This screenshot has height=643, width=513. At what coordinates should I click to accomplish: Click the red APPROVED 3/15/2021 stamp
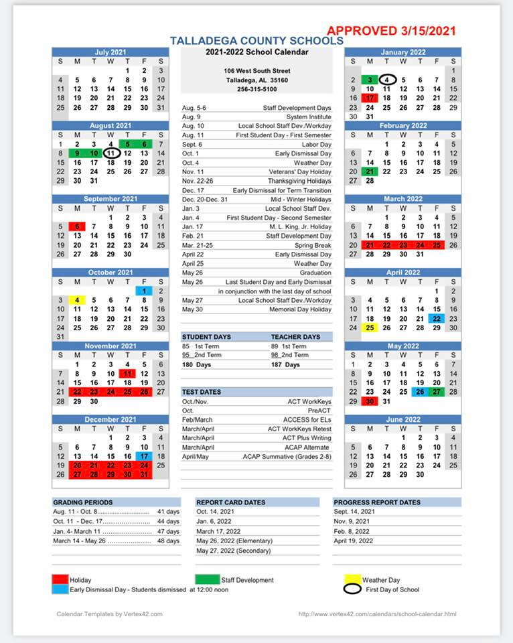point(391,30)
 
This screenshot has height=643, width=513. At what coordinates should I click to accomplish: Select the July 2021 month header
point(111,52)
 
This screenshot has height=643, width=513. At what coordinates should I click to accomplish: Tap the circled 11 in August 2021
point(111,153)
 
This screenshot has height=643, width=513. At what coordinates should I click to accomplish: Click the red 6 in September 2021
point(78,226)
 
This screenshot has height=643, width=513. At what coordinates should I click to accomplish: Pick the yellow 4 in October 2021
point(78,300)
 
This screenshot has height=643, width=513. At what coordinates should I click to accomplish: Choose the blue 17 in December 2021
point(144,456)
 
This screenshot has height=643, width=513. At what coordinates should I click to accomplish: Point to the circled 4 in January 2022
point(386,80)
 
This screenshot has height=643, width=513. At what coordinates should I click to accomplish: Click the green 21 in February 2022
point(370,171)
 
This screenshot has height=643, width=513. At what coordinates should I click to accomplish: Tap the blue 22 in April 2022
point(437,318)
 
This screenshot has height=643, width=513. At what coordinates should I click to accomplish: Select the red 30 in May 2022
point(370,401)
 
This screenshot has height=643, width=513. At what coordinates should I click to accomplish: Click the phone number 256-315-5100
point(256,89)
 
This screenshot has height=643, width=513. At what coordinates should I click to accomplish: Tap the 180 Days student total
point(196,364)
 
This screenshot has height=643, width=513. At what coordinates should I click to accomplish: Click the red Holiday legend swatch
point(60,579)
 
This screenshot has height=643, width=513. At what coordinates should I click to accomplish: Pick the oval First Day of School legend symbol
point(352,589)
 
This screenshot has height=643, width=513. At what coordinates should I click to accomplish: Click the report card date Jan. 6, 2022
point(214,520)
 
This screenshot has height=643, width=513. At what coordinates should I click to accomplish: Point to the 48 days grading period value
point(168,541)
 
